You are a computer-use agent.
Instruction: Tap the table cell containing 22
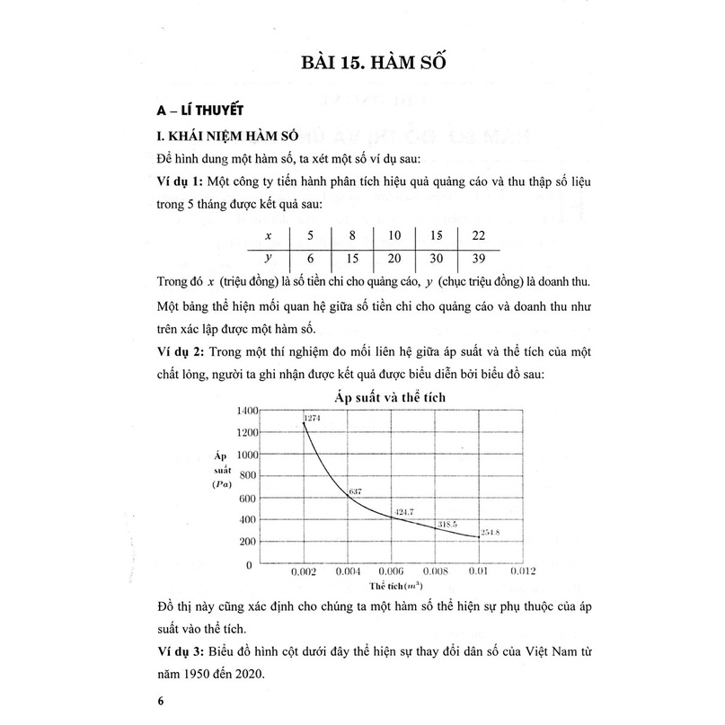point(480,235)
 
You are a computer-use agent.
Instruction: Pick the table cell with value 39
point(480,257)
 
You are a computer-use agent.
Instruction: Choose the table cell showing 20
point(394,257)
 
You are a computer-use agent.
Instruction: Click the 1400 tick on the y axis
point(246,410)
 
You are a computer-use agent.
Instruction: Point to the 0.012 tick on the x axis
point(523,570)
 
